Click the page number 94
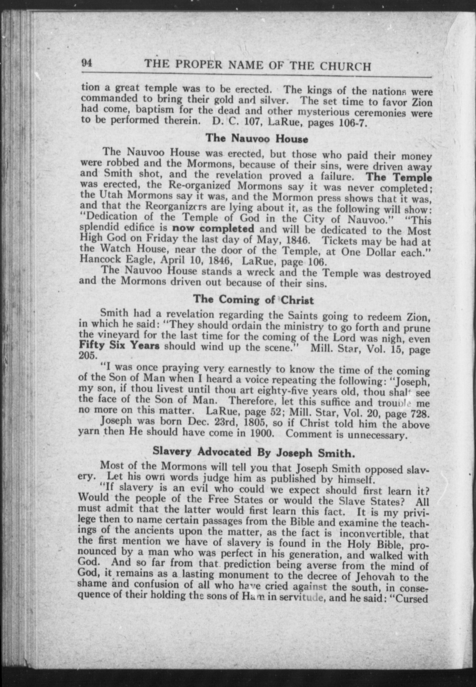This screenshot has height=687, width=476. [87, 62]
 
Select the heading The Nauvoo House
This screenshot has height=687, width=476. [257, 139]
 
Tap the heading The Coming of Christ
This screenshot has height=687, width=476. [254, 300]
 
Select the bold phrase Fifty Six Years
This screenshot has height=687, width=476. [119, 346]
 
